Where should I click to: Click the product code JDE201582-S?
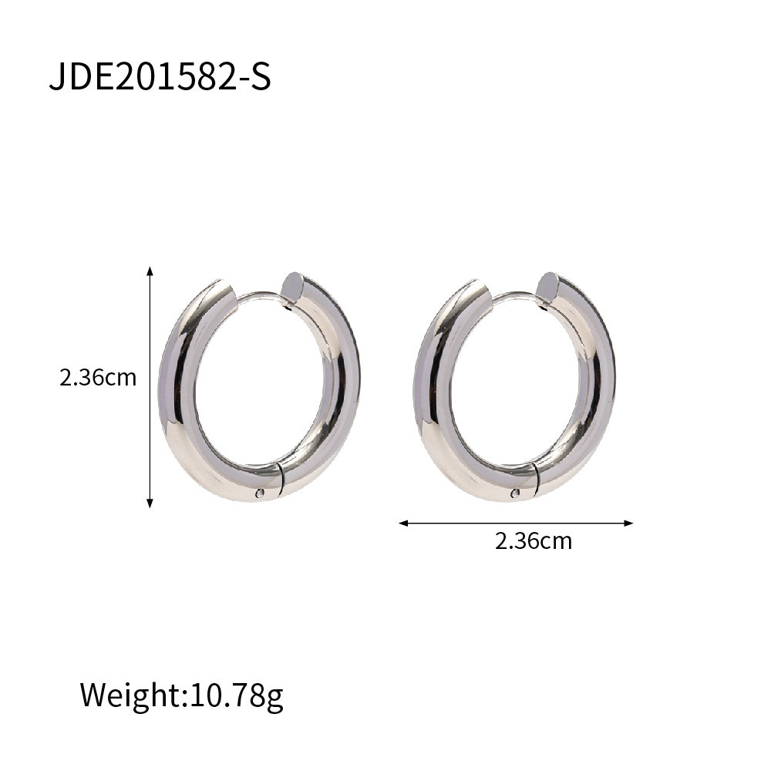click(160, 77)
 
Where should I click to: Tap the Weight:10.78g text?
click(181, 695)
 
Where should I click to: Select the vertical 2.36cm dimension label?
click(98, 378)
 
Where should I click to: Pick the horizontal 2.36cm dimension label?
click(534, 541)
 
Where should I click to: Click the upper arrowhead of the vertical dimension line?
click(150, 271)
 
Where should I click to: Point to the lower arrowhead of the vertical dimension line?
click(150, 503)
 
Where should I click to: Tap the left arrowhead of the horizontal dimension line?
click(404, 524)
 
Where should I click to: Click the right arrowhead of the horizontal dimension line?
click(628, 524)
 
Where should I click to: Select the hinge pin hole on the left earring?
click(260, 493)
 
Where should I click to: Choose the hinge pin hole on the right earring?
click(515, 493)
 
